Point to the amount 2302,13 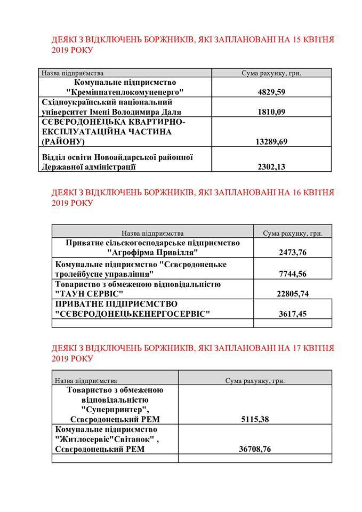click(x=271, y=167)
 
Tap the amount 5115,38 click(x=254, y=419)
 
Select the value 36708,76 click(x=254, y=449)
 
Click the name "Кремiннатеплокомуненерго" click(x=125, y=92)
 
